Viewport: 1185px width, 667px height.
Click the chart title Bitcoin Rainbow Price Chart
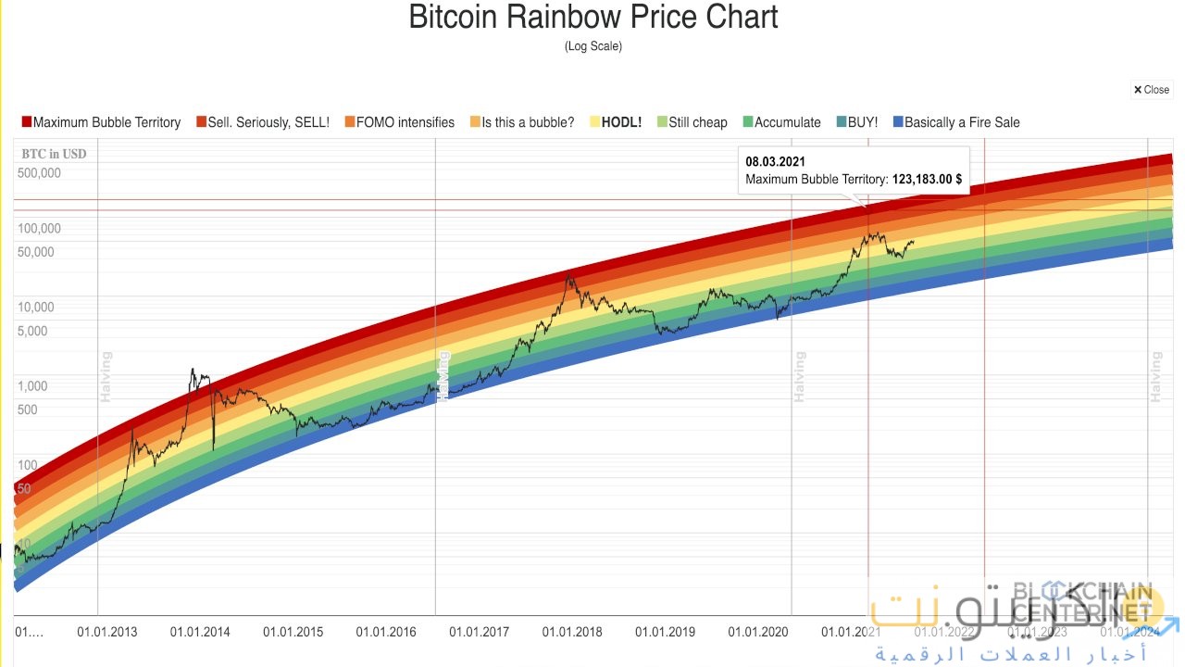[592, 17]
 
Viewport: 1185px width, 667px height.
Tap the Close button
[1152, 90]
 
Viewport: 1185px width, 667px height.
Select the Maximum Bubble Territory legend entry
[101, 122]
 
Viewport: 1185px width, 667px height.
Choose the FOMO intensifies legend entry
[399, 122]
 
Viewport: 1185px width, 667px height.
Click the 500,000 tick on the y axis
[39, 173]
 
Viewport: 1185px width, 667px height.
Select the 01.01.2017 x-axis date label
[480, 632]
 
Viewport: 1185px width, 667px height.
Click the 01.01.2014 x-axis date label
[200, 632]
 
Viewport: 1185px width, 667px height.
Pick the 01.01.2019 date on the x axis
[665, 632]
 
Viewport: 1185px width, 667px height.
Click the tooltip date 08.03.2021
[775, 162]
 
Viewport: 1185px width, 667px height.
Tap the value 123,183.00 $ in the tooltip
[927, 180]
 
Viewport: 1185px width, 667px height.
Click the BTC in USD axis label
[55, 154]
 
